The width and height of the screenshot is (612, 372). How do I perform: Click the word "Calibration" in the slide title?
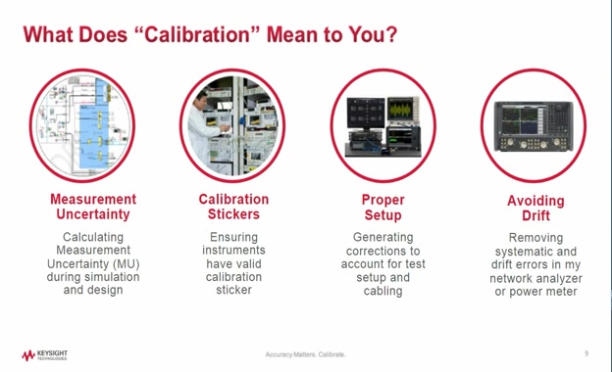tap(202, 35)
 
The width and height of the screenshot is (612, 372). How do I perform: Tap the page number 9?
tap(586, 353)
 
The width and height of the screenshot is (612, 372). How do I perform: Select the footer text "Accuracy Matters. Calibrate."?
tap(305, 354)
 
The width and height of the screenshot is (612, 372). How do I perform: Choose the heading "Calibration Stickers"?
tap(233, 207)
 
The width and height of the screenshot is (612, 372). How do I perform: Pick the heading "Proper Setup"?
tap(382, 207)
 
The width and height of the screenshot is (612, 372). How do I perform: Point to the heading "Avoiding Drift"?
tap(535, 208)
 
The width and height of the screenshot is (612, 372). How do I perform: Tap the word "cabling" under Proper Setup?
tap(382, 291)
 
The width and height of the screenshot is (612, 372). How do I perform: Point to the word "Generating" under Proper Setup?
tap(382, 237)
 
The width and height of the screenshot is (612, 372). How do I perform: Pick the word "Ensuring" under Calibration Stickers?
tap(233, 237)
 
